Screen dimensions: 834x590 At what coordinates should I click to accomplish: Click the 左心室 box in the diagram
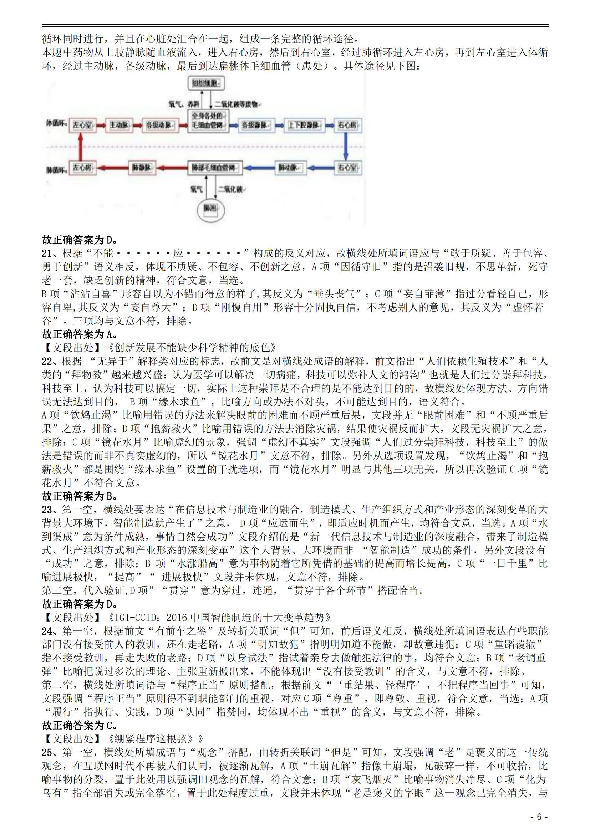[x=82, y=125]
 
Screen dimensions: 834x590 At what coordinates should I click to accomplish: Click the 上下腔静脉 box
[x=303, y=125]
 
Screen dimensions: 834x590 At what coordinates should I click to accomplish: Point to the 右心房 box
[x=347, y=125]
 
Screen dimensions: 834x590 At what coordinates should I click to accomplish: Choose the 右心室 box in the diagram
[x=347, y=168]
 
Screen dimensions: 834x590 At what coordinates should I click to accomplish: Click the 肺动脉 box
[x=289, y=168]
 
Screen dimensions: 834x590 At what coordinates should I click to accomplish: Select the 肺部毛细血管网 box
[x=215, y=168]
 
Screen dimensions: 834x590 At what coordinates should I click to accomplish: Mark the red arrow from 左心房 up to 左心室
[x=81, y=147]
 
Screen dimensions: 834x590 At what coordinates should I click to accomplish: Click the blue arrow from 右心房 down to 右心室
[x=346, y=147]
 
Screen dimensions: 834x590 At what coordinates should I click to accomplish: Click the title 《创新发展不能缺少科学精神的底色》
[x=193, y=348]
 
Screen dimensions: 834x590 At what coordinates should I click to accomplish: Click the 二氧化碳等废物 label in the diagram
[x=236, y=104]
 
